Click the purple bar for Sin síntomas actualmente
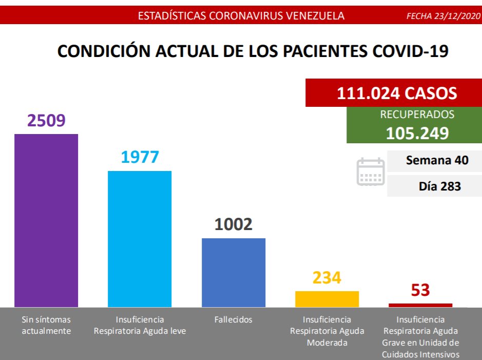click(x=46, y=220)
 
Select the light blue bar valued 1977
click(x=140, y=239)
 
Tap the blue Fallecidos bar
click(x=234, y=272)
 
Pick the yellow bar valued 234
click(x=327, y=299)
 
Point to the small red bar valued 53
click(x=420, y=305)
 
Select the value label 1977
click(x=140, y=157)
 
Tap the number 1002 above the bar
click(x=234, y=224)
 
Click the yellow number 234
click(x=327, y=278)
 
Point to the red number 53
click(x=420, y=290)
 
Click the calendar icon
click(x=371, y=172)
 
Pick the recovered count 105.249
click(x=417, y=133)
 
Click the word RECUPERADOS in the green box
click(x=417, y=115)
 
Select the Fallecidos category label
click(x=234, y=319)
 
